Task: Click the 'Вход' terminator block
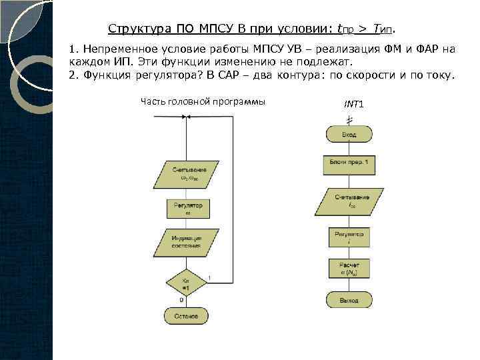tap(349, 135)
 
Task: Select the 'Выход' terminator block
tap(349, 301)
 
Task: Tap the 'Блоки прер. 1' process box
tap(349, 163)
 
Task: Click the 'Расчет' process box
tap(349, 269)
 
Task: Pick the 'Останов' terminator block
tap(187, 315)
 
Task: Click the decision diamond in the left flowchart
tap(187, 283)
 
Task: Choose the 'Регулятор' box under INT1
tap(349, 237)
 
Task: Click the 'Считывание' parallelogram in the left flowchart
tap(187, 175)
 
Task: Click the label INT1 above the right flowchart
tap(353, 105)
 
